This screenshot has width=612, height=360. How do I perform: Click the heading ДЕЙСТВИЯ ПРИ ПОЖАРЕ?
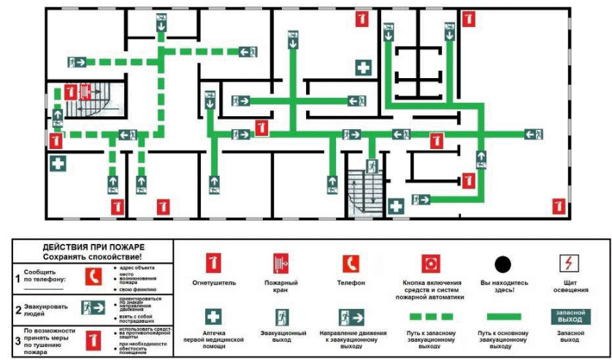pos(91,248)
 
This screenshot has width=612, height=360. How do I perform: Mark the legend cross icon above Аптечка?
pos(213,316)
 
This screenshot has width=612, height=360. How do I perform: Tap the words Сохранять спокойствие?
pos(91,258)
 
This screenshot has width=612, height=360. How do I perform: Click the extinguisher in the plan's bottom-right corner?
pos(559,207)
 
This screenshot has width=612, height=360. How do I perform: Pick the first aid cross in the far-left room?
pos(58,164)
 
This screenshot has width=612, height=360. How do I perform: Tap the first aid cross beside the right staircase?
pos(395,207)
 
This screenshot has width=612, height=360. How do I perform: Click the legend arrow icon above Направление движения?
pos(351,317)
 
